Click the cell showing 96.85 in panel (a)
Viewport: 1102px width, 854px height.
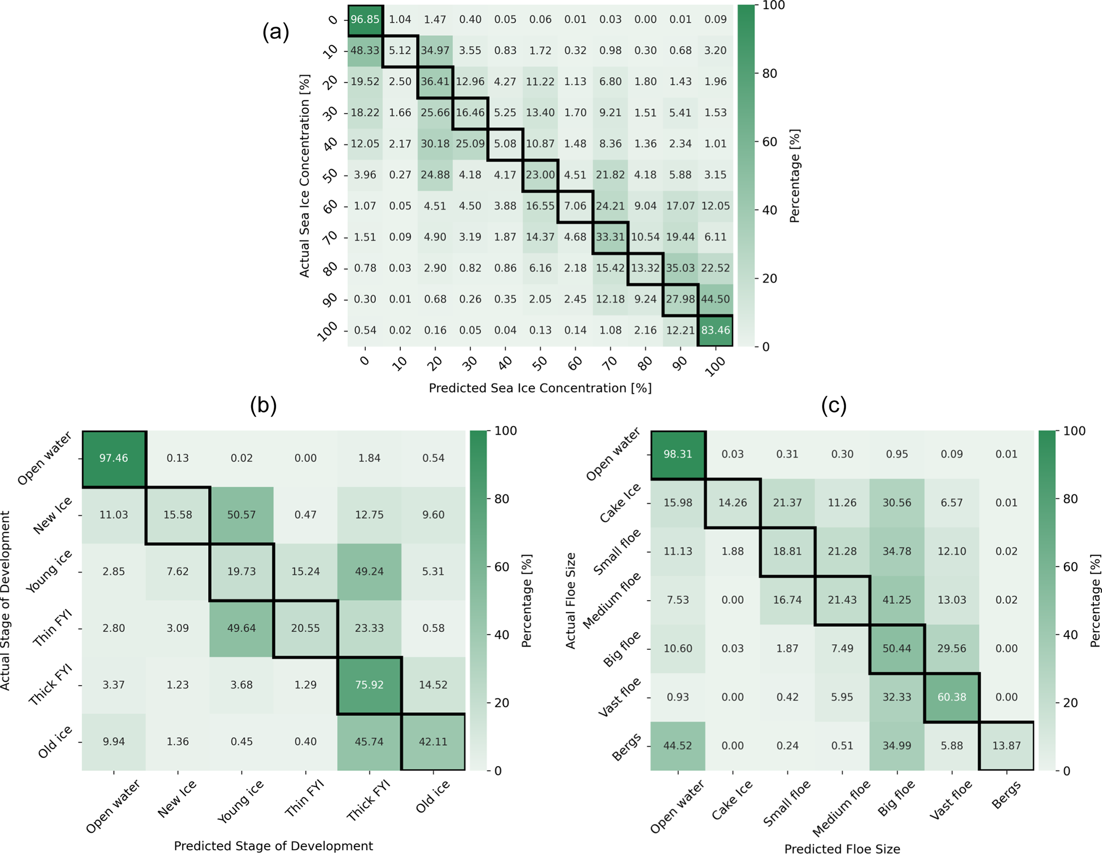[x=365, y=20]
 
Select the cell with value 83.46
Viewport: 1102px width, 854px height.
[x=715, y=331]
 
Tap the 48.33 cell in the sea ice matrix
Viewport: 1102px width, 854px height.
[x=365, y=51]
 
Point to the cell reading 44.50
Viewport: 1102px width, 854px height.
[x=715, y=300]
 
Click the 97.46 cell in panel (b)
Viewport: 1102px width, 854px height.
[x=114, y=458]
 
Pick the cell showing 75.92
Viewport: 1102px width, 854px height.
[x=369, y=685]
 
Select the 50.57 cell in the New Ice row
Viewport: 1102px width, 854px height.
[x=242, y=515]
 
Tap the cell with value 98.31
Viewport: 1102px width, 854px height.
[x=678, y=454]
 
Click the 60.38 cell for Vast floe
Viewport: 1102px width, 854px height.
[x=952, y=697]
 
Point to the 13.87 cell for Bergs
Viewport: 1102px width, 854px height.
[x=1007, y=746]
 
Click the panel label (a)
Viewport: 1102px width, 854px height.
[x=276, y=32]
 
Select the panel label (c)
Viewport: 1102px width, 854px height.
[x=834, y=406]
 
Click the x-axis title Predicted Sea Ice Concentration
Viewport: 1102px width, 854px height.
[x=540, y=388]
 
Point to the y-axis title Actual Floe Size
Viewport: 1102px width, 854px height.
[x=570, y=600]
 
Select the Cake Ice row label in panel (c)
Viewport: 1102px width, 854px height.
[x=621, y=503]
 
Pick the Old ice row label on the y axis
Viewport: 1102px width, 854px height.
[x=55, y=742]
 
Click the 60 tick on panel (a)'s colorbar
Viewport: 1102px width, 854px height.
[x=769, y=142]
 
